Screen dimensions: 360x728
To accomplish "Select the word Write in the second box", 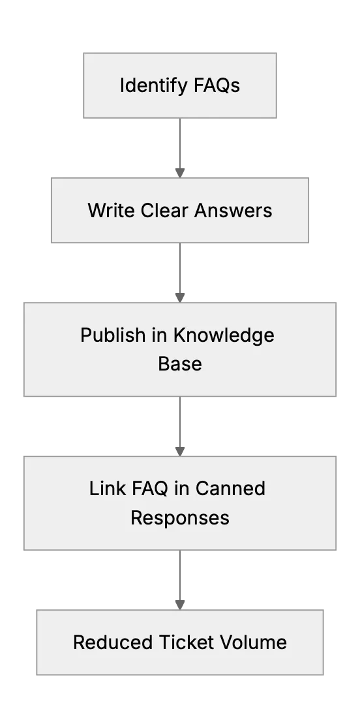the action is (112, 210).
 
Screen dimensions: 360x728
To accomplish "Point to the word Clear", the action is (165, 210).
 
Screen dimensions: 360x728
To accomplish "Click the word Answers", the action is (233, 210).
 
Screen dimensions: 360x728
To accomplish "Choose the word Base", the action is (180, 364).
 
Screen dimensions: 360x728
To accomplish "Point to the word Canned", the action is (230, 489).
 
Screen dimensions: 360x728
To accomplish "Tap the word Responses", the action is (180, 518).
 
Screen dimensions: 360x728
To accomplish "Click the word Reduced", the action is (113, 643).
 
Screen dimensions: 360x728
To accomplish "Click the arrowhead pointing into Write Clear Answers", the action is (180, 173).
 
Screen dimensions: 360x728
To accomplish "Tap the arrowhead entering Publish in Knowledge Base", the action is (180, 298).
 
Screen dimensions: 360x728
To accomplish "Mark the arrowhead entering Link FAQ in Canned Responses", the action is (180, 452).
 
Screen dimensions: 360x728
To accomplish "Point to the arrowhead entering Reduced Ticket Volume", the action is (180, 605).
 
